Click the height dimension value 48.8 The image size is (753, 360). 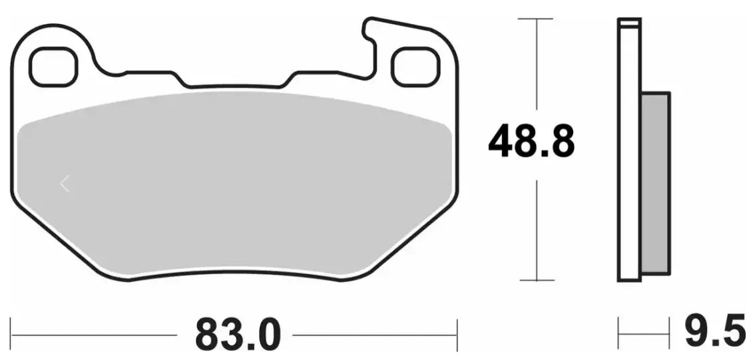(531, 142)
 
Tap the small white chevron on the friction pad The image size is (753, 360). (65, 184)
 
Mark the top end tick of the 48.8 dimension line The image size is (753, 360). (536, 19)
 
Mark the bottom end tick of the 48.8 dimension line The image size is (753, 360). (536, 280)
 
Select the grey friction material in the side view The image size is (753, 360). (655, 183)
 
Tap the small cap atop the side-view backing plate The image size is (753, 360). (629, 24)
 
